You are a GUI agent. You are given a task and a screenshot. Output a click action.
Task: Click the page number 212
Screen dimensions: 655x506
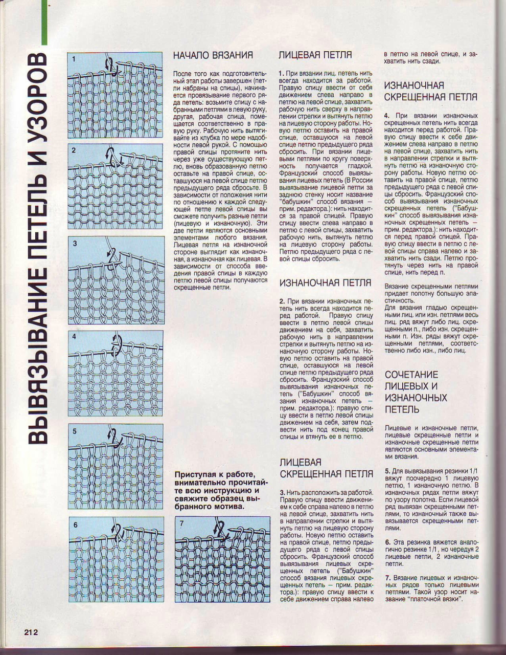pos(31,631)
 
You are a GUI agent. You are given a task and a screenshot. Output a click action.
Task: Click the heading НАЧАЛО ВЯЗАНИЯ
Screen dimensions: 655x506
pos(213,55)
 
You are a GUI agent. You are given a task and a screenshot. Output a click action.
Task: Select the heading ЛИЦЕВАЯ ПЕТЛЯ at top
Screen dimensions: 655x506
pos(315,55)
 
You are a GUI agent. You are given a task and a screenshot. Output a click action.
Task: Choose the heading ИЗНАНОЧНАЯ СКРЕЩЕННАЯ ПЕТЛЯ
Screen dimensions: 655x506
pos(430,91)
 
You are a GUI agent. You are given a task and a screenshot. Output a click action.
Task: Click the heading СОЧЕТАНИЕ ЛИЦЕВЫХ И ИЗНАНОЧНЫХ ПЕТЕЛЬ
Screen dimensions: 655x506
pos(416,392)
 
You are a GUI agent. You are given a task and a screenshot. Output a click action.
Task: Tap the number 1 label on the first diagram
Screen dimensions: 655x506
pos(74,59)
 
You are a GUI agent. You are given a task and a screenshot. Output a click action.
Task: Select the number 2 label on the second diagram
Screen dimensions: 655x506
pos(74,150)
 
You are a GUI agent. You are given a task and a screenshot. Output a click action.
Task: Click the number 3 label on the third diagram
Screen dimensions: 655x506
pos(75,244)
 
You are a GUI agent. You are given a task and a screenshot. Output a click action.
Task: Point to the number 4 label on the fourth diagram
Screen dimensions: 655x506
pos(75,337)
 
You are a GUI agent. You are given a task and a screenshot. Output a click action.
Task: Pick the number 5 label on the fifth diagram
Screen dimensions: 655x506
pos(75,431)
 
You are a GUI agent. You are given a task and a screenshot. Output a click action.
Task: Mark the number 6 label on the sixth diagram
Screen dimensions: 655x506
pos(75,525)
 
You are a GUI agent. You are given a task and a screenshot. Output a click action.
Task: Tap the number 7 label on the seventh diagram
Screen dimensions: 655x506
pos(182,523)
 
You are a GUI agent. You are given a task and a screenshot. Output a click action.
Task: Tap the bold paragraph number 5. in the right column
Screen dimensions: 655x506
pos(387,469)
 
